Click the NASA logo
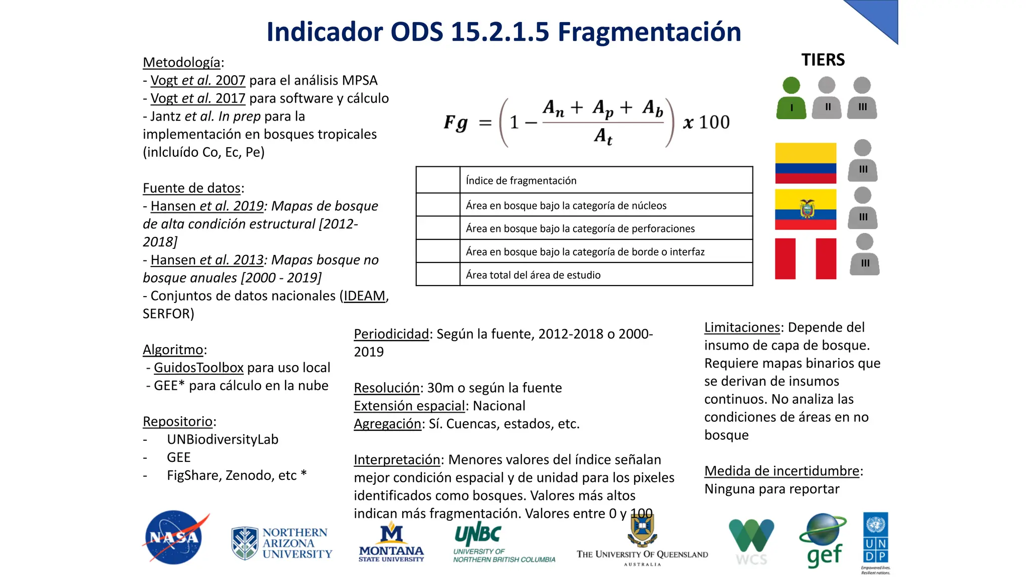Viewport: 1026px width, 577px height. [x=175, y=537]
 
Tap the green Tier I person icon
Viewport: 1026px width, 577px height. [x=791, y=98]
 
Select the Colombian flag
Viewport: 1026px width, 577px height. [x=806, y=163]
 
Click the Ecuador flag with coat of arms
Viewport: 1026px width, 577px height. [x=806, y=209]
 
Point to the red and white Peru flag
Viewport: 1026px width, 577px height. [x=806, y=258]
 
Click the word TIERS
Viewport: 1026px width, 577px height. [x=823, y=60]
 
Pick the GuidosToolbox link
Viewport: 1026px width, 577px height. [x=198, y=368]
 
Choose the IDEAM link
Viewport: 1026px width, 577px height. [x=365, y=296]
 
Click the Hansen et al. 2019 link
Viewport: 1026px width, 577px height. [x=207, y=206]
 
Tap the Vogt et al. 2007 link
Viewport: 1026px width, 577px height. [x=198, y=81]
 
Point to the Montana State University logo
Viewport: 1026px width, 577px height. [x=391, y=543]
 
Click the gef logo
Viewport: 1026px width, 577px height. [x=823, y=541]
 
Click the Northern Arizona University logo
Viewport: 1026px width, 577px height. [x=282, y=543]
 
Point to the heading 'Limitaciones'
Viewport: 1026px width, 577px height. [x=742, y=328]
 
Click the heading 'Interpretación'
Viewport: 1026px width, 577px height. [x=397, y=460]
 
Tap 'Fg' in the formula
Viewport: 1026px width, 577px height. [x=456, y=123]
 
